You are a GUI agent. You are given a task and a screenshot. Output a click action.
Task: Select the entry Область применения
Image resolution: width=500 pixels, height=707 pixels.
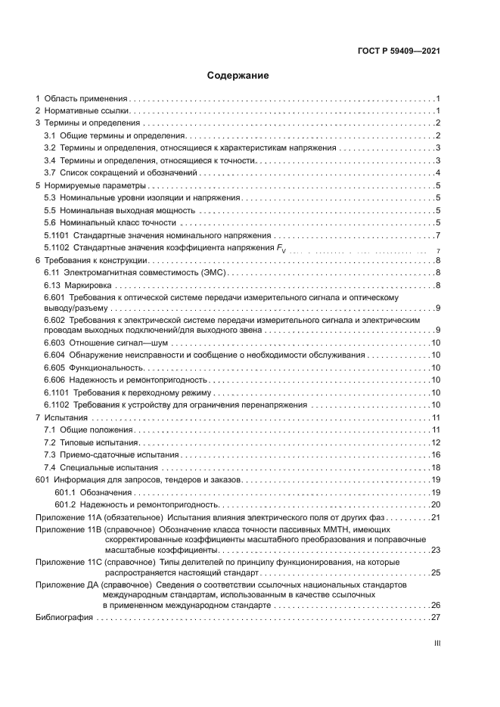click(x=85, y=99)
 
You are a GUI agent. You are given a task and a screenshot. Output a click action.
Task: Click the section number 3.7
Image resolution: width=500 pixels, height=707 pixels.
click(x=50, y=173)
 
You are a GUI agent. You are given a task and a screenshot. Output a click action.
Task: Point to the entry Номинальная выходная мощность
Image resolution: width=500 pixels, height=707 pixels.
click(x=116, y=210)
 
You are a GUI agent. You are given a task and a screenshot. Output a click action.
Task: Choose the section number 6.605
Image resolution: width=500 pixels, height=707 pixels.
click(x=54, y=367)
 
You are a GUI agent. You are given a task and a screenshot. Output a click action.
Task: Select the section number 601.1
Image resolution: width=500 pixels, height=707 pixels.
click(x=66, y=492)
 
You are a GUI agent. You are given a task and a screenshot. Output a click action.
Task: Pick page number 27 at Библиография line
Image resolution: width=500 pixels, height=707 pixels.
click(x=436, y=618)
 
